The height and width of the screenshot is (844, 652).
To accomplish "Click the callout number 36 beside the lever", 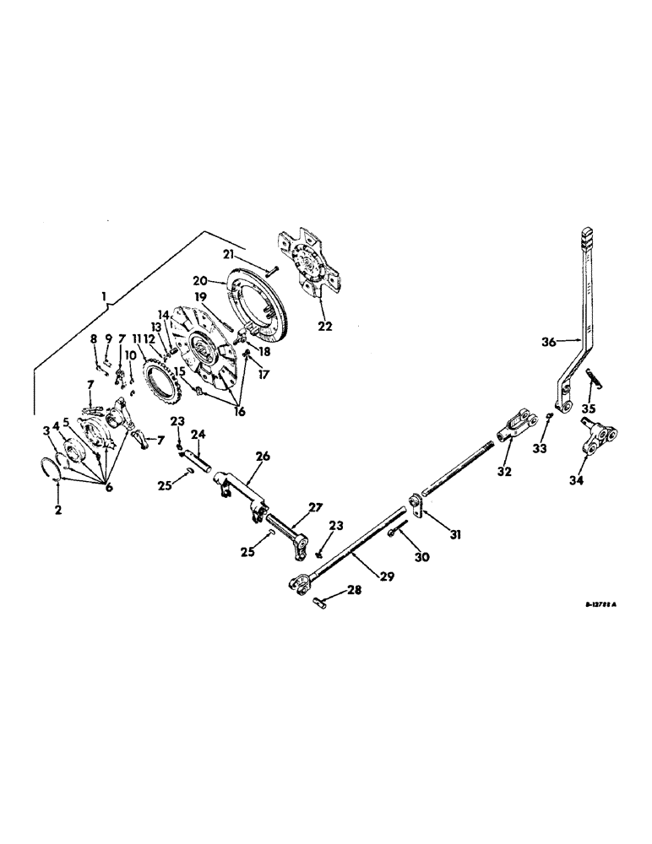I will coord(550,342).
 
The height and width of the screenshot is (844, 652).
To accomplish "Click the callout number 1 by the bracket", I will coord(103,297).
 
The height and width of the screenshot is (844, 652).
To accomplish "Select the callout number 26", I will coord(263,457).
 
